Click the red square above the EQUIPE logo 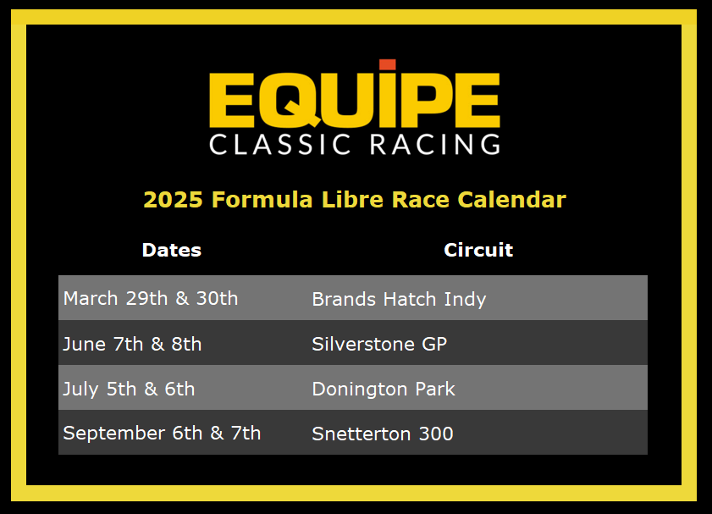click(x=388, y=64)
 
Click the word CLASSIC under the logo click(x=279, y=145)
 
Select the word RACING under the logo click(x=435, y=145)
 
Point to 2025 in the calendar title click(x=173, y=200)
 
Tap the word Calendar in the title click(x=511, y=200)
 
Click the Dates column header click(x=172, y=250)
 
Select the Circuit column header click(x=478, y=250)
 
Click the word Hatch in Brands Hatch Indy click(x=410, y=299)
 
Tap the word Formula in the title click(x=262, y=200)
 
